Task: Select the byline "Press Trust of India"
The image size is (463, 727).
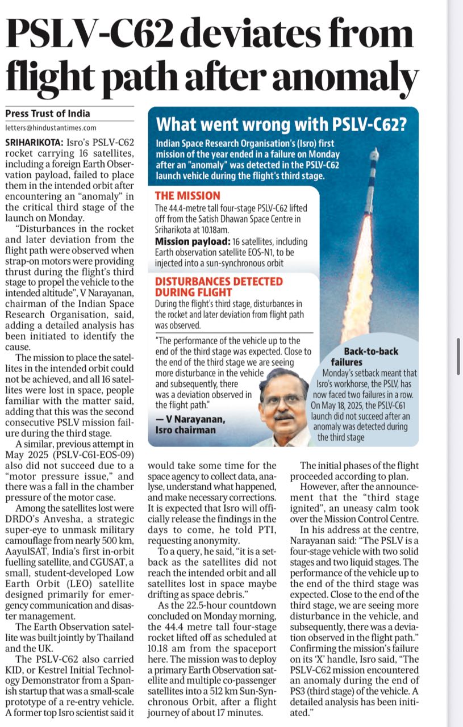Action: pyautogui.click(x=48, y=113)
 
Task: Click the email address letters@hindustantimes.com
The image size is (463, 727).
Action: pyautogui.click(x=51, y=128)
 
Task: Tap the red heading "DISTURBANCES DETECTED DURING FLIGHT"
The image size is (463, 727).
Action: pyautogui.click(x=219, y=287)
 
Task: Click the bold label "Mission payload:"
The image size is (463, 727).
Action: pyautogui.click(x=188, y=241)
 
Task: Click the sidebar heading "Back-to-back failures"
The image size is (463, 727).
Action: pyautogui.click(x=369, y=357)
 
